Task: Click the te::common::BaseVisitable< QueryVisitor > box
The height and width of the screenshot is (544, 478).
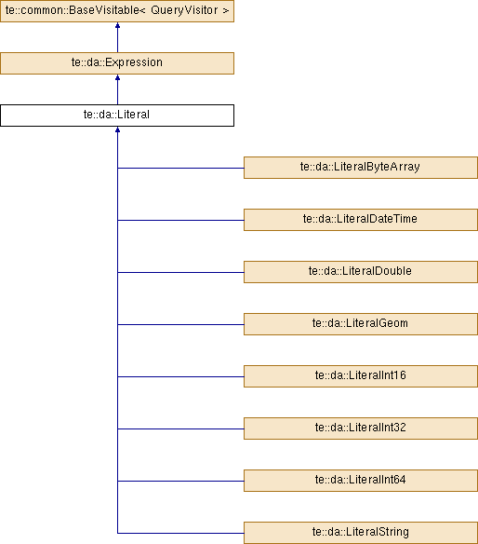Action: [x=117, y=11]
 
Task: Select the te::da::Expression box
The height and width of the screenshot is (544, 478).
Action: [x=117, y=63]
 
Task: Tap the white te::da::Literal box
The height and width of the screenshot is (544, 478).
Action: [x=117, y=116]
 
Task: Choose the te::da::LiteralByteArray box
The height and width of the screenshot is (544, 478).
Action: [x=361, y=168]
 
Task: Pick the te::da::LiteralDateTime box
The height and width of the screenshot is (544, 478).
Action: [x=361, y=220]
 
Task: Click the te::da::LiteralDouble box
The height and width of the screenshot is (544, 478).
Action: [x=361, y=272]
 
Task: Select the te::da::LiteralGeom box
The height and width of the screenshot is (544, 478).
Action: [x=361, y=324]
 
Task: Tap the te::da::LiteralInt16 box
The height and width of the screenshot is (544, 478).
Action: [x=361, y=376]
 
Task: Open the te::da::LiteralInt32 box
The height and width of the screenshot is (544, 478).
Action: [x=361, y=428]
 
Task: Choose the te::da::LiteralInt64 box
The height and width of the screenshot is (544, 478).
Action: [x=361, y=481]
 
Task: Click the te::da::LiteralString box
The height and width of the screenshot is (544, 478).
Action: [x=361, y=533]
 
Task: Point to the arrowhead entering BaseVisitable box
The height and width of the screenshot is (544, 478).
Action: [x=117, y=25]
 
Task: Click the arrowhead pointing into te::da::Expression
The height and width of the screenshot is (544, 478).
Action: [x=117, y=77]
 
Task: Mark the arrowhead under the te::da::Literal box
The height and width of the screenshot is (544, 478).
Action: [x=117, y=129]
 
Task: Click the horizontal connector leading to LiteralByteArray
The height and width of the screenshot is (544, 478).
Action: [x=180, y=168]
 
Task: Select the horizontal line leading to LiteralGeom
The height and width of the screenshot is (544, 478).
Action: [x=180, y=324]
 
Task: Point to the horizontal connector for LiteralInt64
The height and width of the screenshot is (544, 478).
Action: [x=180, y=481]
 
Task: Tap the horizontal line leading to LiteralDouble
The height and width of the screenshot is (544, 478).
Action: [x=180, y=272]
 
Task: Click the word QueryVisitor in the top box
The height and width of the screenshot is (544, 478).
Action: [x=184, y=10]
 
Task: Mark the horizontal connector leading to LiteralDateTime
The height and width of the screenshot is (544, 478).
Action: [x=180, y=220]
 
